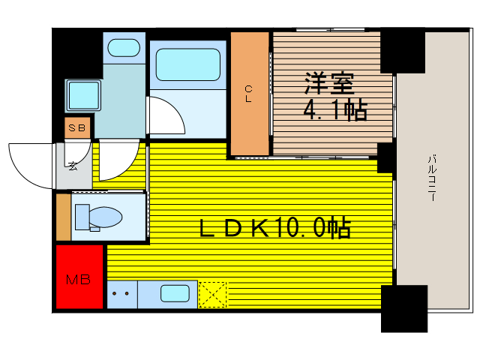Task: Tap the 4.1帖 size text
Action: click(x=334, y=112)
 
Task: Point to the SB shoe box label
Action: click(x=78, y=128)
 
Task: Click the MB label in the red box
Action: click(x=79, y=280)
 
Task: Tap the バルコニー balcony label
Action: click(x=433, y=181)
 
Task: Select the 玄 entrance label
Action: click(x=73, y=166)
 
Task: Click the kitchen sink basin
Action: click(x=175, y=294)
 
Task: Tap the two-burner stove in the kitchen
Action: click(x=121, y=294)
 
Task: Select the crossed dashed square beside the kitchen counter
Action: click(x=212, y=294)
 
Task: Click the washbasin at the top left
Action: click(x=123, y=48)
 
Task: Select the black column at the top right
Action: click(x=403, y=51)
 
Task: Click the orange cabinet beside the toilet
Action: click(x=64, y=216)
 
